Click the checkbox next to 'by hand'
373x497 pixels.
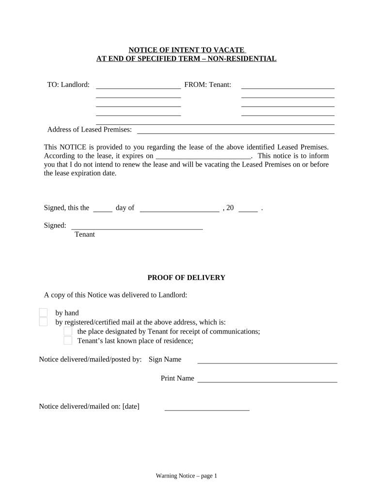click(43, 313)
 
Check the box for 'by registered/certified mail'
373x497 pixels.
click(43, 322)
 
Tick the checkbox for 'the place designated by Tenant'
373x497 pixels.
click(68, 331)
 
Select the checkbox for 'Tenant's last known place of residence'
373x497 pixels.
click(68, 340)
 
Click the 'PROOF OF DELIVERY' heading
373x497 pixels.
click(186, 278)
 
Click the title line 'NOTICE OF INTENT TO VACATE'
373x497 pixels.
click(186, 50)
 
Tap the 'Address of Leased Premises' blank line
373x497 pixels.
click(236, 130)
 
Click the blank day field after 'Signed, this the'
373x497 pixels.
click(102, 209)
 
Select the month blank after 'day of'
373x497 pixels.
click(179, 209)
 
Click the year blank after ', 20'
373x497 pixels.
click(248, 209)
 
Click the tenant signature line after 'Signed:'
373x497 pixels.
click(137, 226)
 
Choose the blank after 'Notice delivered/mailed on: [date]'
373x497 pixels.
click(207, 408)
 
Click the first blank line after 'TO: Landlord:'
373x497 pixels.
click(139, 86)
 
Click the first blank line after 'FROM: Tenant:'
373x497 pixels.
click(288, 86)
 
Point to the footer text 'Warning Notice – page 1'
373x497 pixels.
click(186, 476)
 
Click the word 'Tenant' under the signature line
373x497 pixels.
click(85, 234)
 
